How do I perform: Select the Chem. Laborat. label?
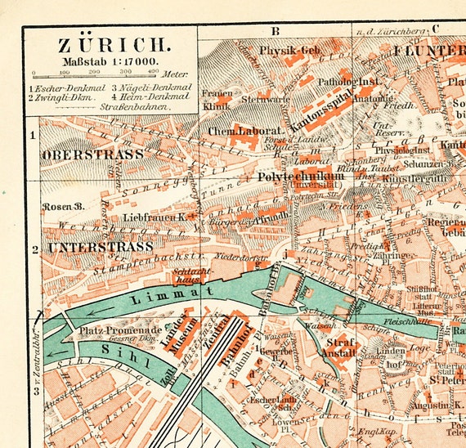pos(245,130)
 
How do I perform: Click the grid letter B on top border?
pos(276,31)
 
